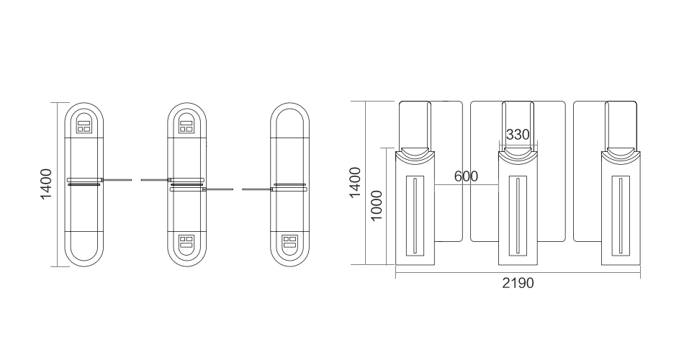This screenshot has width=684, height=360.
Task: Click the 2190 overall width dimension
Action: (x=518, y=283)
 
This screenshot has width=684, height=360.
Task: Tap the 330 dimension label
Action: (x=518, y=135)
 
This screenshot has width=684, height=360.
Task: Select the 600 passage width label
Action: (x=466, y=176)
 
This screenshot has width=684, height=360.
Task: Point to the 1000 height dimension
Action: (x=376, y=205)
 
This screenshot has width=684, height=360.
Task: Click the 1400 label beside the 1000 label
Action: (x=355, y=182)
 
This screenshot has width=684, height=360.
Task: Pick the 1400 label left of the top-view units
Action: (x=46, y=184)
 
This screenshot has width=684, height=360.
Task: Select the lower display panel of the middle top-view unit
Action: (x=186, y=242)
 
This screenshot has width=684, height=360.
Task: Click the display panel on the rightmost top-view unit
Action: (x=289, y=242)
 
